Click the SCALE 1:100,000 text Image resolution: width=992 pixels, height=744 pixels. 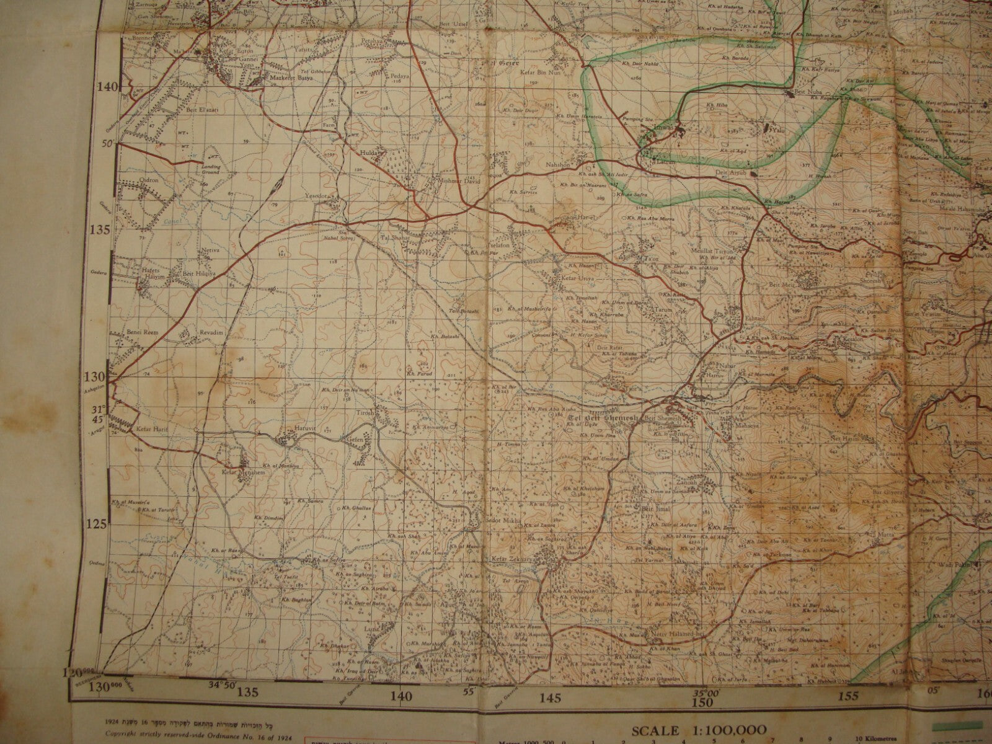coord(699,730)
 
